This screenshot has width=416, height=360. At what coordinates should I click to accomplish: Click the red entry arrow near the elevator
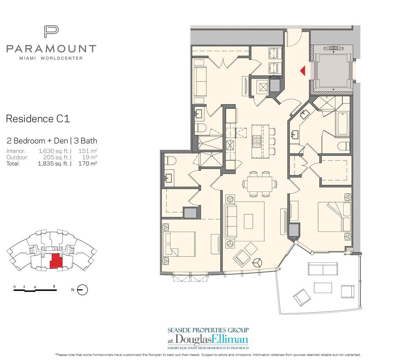click(302, 70)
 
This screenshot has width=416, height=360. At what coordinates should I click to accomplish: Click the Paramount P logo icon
click(51, 31)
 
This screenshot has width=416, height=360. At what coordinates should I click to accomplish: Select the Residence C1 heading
click(38, 119)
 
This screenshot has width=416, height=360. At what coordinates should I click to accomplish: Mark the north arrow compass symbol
click(83, 290)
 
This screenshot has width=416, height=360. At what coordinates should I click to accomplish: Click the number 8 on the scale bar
click(54, 287)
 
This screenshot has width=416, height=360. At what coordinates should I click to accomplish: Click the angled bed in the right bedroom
click(332, 217)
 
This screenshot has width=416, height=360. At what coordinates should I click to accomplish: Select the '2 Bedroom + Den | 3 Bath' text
click(52, 141)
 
